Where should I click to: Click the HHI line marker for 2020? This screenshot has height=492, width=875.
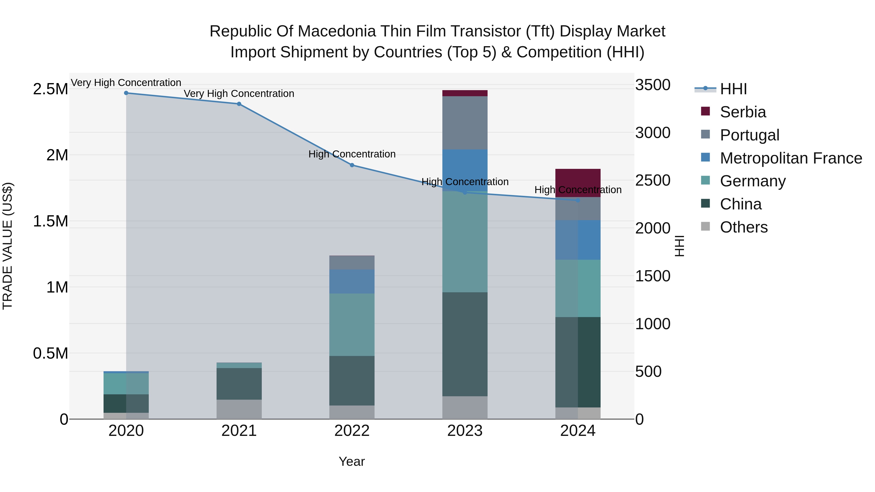pos(126,93)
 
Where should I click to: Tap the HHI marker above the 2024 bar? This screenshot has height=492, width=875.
pos(578,200)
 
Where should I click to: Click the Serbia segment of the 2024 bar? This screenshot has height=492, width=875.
pos(578,180)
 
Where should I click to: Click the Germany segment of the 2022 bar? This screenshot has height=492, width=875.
pos(352,325)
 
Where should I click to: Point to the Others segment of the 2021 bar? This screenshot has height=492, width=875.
pos(239,409)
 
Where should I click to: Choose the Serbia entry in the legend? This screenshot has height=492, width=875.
pos(743,112)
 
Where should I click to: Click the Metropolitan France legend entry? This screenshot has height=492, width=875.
pos(790,158)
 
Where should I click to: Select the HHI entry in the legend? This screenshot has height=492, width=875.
pos(733,89)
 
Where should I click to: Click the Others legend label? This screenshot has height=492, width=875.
pos(744,227)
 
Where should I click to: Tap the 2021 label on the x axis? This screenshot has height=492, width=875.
pos(239,431)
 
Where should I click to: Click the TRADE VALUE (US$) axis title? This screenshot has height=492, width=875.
pos(8,246)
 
